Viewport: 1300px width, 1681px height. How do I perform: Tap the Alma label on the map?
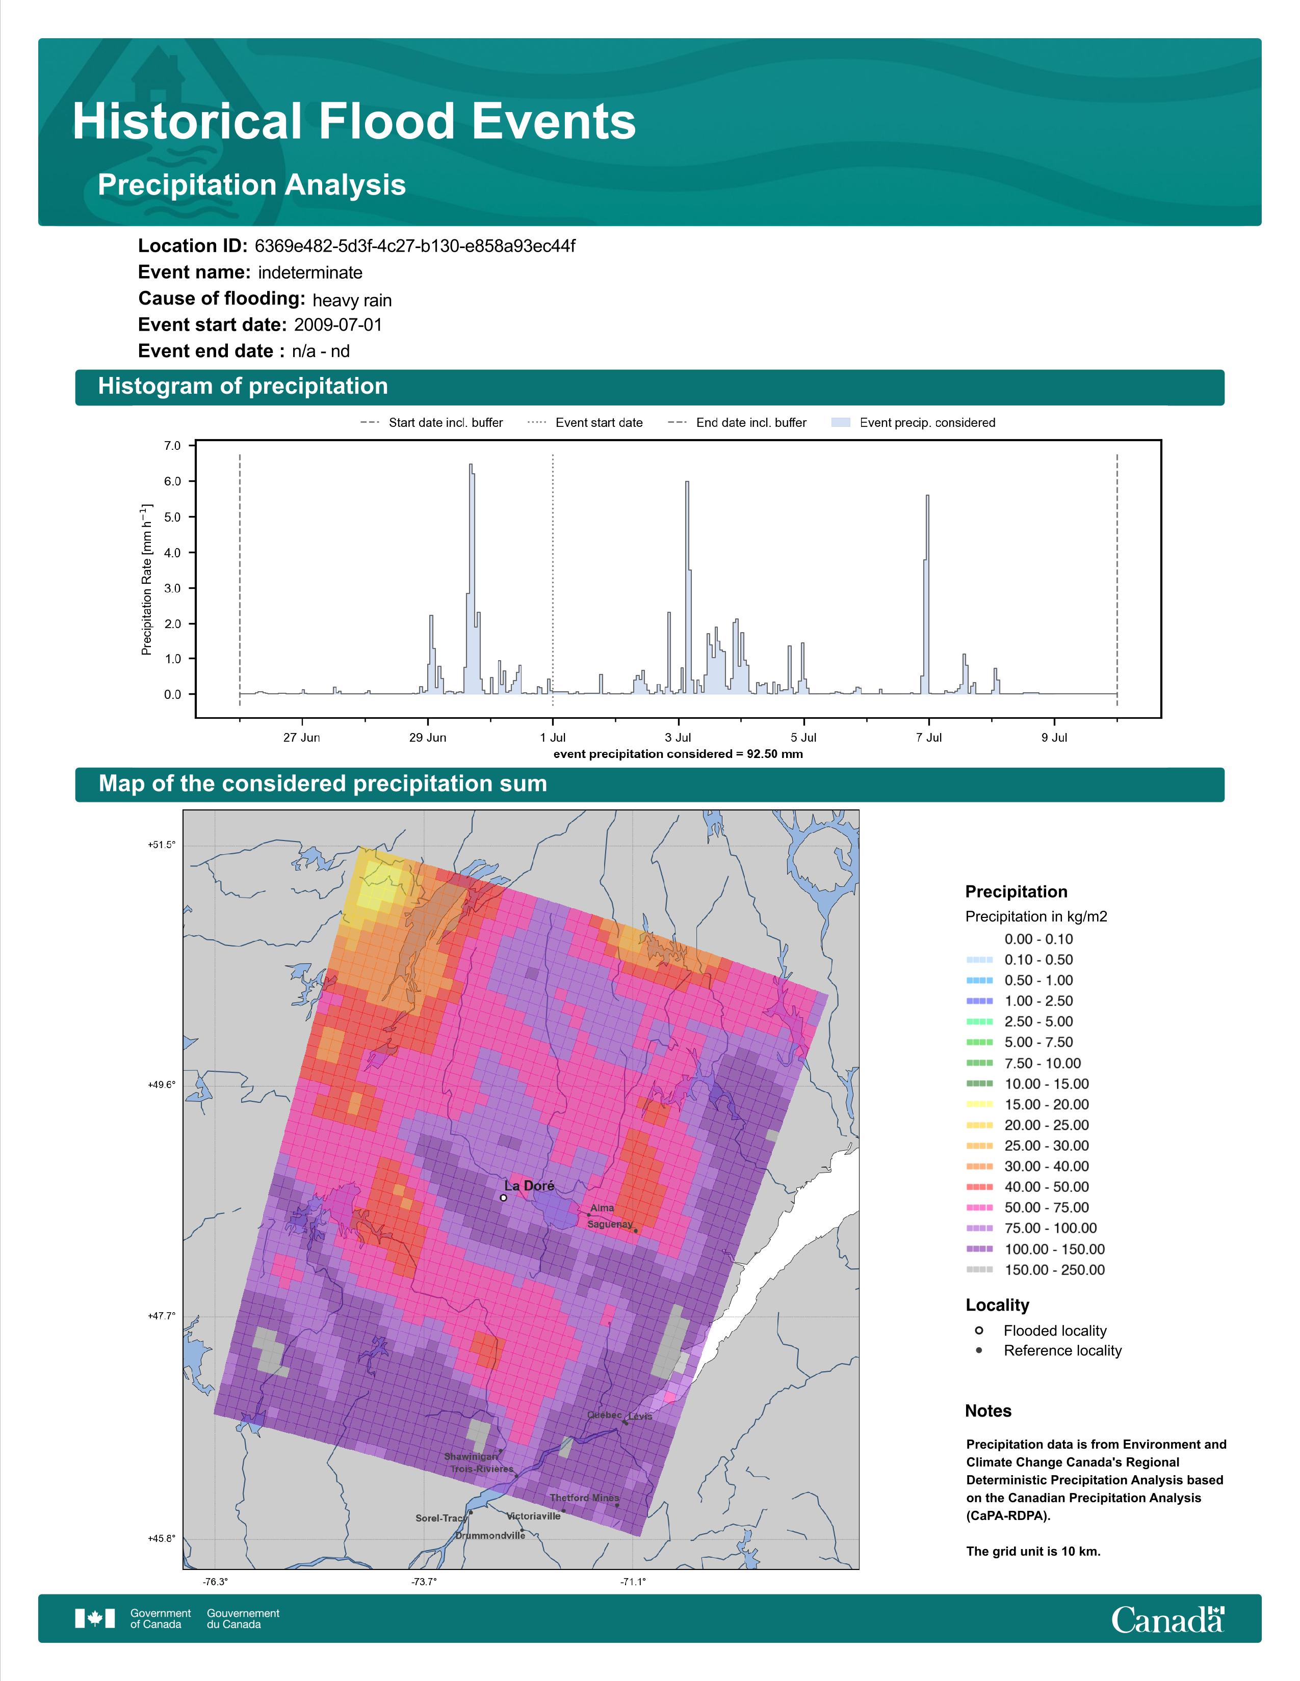coord(602,1208)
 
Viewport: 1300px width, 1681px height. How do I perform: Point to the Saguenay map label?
coord(610,1224)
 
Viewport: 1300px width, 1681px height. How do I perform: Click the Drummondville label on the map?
coord(490,1535)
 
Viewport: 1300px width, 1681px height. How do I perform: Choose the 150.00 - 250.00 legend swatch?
coord(979,1270)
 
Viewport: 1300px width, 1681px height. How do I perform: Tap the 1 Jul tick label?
coord(553,738)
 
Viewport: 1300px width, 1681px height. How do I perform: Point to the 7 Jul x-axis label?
coord(929,738)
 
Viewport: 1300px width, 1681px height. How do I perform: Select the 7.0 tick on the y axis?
coord(172,446)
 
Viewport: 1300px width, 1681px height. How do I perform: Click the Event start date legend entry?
coord(585,423)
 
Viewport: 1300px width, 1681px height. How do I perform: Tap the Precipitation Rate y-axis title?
coord(146,580)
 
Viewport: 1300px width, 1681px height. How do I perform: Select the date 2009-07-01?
coord(338,325)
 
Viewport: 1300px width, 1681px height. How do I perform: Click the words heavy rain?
coord(352,300)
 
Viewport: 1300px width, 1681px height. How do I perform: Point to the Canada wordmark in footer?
coord(1167,1619)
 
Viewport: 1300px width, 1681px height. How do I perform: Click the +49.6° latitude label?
coord(162,1084)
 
